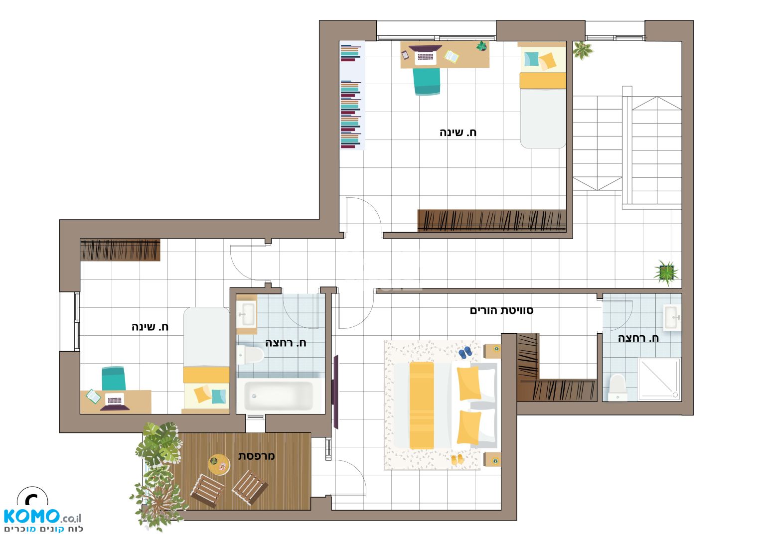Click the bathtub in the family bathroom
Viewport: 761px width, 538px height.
pos(279,396)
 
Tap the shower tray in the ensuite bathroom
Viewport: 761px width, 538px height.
pos(659,380)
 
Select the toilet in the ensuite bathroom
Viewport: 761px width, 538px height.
pos(617,388)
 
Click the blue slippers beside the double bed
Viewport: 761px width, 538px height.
pos(465,353)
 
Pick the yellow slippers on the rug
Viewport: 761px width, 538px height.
pos(457,459)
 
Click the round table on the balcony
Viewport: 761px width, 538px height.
pos(219,464)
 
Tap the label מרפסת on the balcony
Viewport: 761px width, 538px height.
pos(256,456)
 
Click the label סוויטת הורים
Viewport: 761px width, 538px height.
pos(501,310)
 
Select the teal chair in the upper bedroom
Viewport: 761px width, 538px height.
pos(427,81)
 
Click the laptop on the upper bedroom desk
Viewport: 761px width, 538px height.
pos(425,55)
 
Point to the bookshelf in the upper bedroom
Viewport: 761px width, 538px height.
pos(352,95)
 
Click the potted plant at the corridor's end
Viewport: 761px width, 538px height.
pos(666,273)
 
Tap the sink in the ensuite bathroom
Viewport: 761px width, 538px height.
pos(672,318)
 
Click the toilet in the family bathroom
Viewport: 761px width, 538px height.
pos(250,355)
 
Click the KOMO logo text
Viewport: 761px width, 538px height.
pos(32,517)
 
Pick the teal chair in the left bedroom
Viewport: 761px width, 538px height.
pos(114,379)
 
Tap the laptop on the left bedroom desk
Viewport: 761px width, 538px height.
pos(115,402)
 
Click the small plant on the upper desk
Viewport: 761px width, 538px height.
pos(481,46)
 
